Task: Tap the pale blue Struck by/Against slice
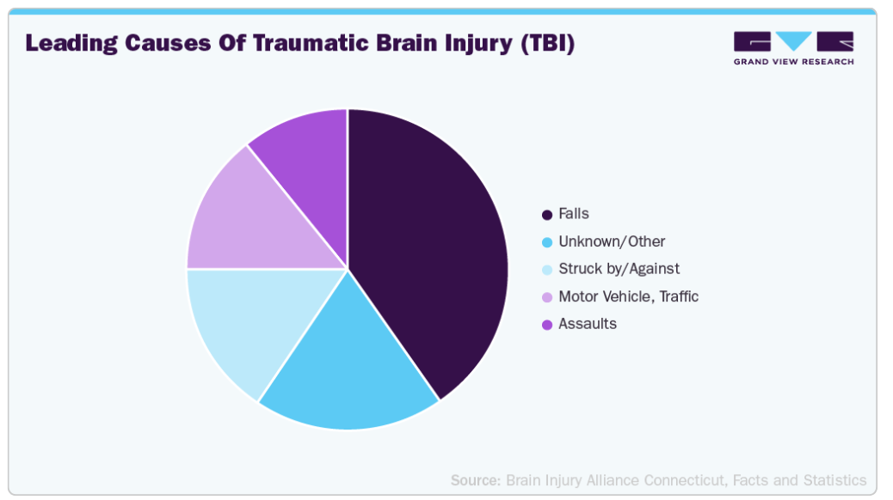click(250, 324)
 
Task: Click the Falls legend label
click(574, 214)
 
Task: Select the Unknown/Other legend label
click(612, 241)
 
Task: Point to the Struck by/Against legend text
click(619, 269)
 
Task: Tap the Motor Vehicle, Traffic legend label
click(628, 296)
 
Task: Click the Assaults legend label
click(588, 324)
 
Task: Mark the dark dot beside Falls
click(547, 215)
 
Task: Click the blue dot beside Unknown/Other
click(547, 242)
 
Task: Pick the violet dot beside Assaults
click(547, 325)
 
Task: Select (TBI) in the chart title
click(548, 44)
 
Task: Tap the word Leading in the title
click(71, 44)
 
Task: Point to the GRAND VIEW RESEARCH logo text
click(793, 62)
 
